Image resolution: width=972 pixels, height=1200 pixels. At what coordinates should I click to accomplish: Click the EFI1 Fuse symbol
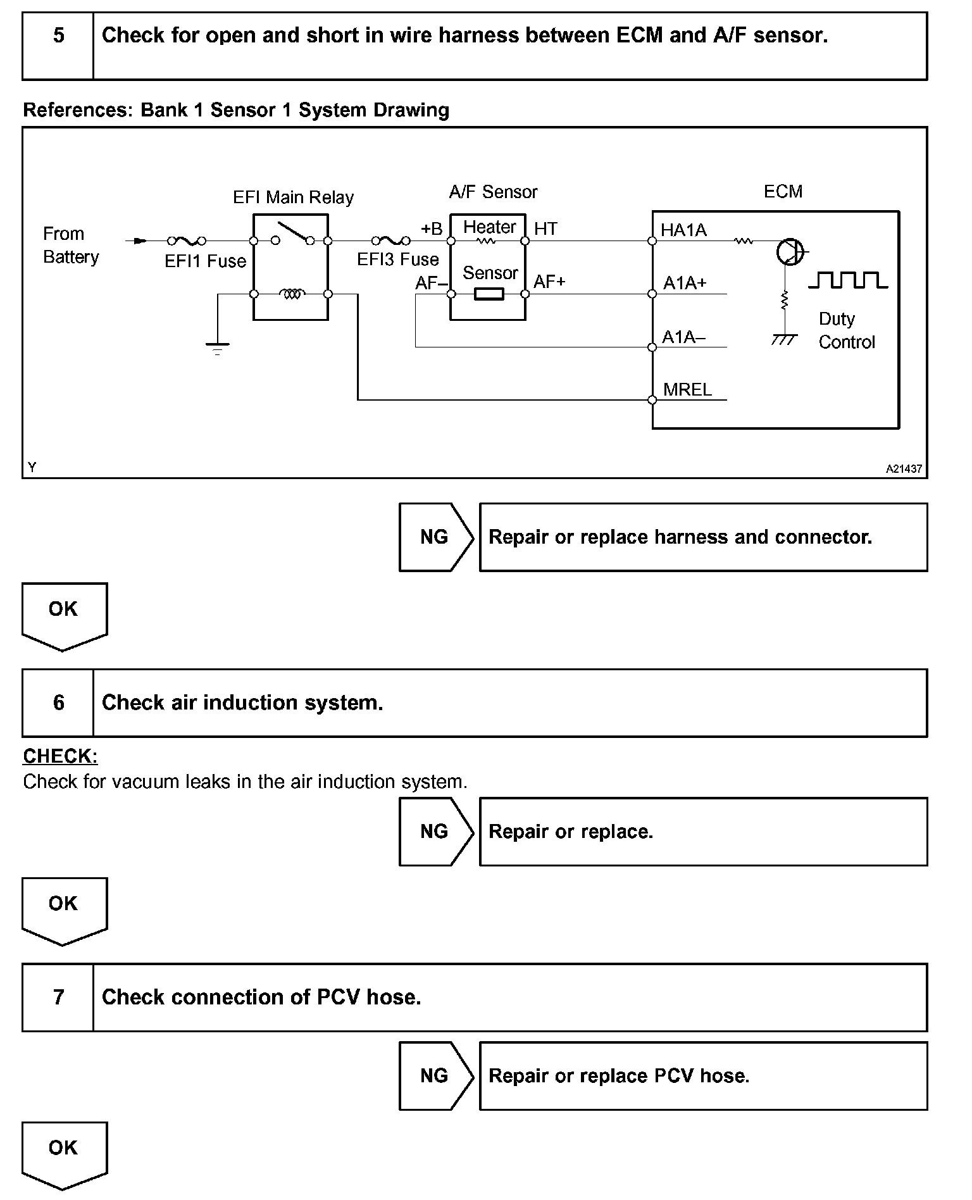186,241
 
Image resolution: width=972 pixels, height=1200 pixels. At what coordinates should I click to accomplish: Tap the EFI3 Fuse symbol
390,241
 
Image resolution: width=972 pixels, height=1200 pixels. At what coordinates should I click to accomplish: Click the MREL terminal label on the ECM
687,390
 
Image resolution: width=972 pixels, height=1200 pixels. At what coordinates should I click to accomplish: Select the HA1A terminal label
683,230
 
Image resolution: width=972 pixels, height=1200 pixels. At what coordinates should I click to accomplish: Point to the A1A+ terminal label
685,284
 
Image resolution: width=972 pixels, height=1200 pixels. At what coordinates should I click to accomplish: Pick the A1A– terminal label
683,337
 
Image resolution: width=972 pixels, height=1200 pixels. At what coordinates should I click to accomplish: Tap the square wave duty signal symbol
848,280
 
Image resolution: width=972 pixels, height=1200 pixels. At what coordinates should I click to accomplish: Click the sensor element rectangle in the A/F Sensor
489,294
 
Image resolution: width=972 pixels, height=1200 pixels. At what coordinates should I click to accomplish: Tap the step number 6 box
58,703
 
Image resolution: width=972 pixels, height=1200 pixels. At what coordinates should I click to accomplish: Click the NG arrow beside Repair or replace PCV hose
435,1076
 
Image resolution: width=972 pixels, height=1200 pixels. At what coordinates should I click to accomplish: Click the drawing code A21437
904,469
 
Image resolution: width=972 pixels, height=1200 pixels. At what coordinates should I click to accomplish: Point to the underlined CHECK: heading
60,756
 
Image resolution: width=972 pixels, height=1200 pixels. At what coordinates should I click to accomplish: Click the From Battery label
70,246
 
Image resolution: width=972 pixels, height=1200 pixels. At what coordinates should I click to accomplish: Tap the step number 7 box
58,997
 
